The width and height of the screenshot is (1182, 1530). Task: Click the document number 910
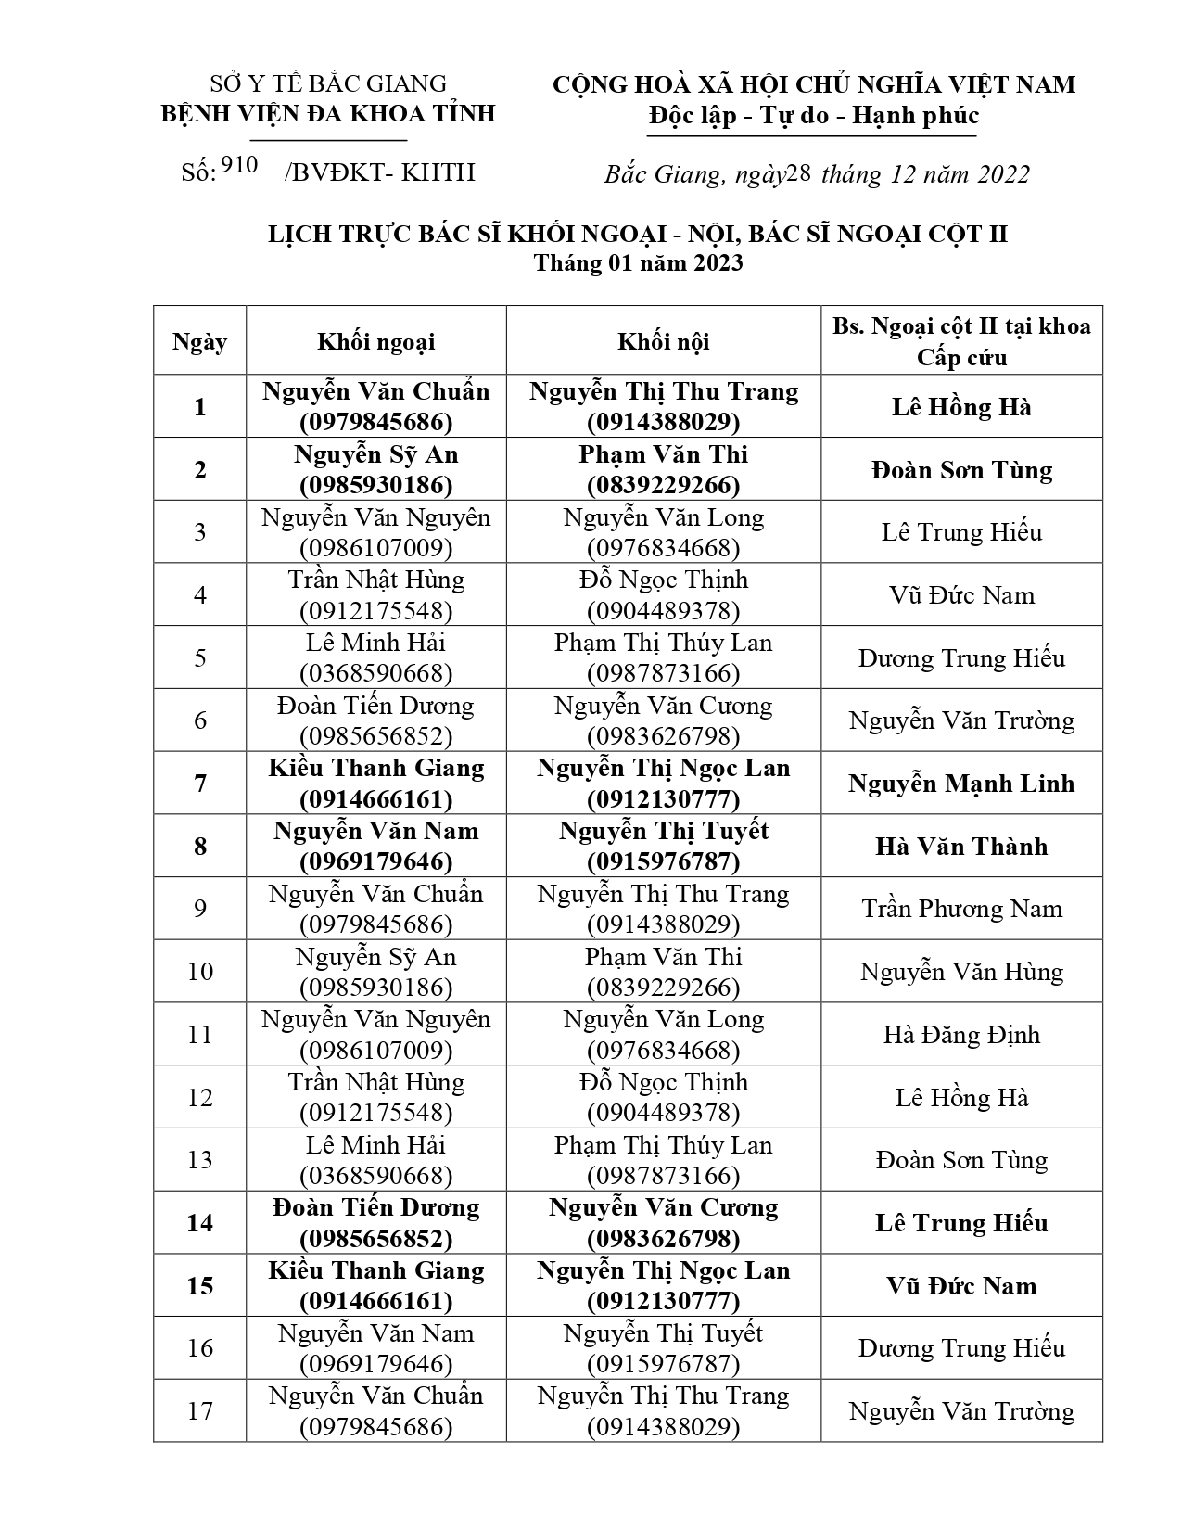click(x=239, y=167)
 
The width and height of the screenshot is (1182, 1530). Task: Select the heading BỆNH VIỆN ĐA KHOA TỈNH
click(x=328, y=114)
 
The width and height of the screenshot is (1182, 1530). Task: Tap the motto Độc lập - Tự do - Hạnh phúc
click(x=812, y=116)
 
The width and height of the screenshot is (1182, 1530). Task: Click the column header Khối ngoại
click(x=375, y=342)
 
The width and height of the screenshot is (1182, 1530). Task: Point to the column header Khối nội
click(x=663, y=342)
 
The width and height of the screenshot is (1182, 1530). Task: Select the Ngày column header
click(x=199, y=342)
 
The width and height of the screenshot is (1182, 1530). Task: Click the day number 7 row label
click(x=200, y=784)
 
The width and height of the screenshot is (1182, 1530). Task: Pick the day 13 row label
click(x=200, y=1160)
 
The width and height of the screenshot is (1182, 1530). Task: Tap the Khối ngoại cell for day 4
click(x=375, y=595)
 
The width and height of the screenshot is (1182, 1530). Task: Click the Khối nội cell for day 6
click(x=663, y=720)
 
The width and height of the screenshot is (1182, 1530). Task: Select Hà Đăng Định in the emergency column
click(x=961, y=1035)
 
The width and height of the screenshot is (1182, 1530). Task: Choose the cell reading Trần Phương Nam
click(x=961, y=909)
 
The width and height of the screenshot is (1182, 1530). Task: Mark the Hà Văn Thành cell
click(x=961, y=847)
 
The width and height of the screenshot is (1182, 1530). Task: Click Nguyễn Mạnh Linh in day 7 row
click(x=961, y=784)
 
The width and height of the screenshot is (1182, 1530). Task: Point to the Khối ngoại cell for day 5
click(x=375, y=657)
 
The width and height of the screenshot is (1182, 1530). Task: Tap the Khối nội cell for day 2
click(x=663, y=469)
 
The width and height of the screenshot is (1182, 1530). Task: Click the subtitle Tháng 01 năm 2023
click(x=638, y=263)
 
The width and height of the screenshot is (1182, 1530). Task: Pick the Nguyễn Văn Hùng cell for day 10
click(x=961, y=972)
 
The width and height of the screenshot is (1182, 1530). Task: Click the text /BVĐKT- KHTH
click(x=380, y=172)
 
